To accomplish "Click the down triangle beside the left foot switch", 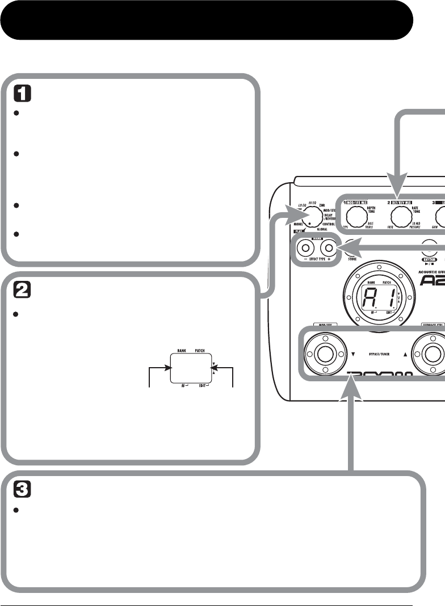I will click(x=353, y=354).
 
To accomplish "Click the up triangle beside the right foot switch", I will click(x=405, y=354).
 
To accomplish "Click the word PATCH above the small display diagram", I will click(x=200, y=351).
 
